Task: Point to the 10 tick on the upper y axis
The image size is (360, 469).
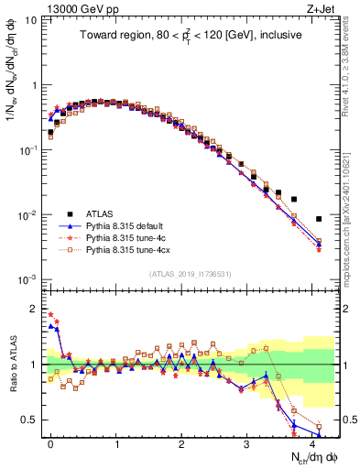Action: click(30, 20)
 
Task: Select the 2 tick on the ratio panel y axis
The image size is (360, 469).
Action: click(33, 308)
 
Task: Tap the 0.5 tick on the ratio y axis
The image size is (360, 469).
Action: click(29, 420)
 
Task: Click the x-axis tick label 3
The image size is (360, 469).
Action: click(247, 442)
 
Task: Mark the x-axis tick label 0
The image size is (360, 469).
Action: click(50, 442)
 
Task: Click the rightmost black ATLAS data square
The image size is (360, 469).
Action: click(318, 219)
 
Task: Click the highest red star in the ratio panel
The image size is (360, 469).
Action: click(50, 314)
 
